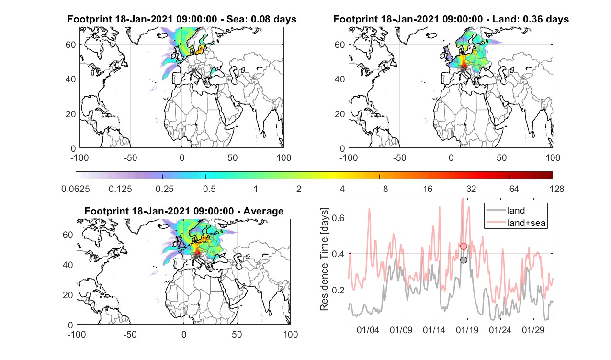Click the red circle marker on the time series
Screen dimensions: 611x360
click(x=464, y=246)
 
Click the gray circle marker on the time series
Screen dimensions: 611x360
click(x=464, y=260)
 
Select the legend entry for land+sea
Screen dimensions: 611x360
click(x=516, y=223)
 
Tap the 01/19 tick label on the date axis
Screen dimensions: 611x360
click(x=467, y=330)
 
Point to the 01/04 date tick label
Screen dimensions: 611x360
click(x=368, y=330)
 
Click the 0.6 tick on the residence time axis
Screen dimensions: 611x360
click(x=339, y=217)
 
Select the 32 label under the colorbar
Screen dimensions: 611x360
click(x=471, y=189)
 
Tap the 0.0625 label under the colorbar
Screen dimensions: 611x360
click(x=76, y=189)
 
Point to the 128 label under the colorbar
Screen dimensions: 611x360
click(x=557, y=189)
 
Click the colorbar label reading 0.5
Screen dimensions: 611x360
click(x=209, y=189)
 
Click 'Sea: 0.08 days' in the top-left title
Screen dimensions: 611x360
click(x=261, y=19)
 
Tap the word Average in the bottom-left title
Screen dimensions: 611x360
click(x=263, y=211)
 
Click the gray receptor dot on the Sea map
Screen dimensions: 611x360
click(x=193, y=71)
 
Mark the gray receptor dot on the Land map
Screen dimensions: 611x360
click(x=463, y=71)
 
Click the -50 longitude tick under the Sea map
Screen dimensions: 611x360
click(x=130, y=157)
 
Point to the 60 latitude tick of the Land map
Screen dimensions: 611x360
click(x=339, y=45)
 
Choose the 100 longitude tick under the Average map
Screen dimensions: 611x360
click(x=291, y=334)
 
